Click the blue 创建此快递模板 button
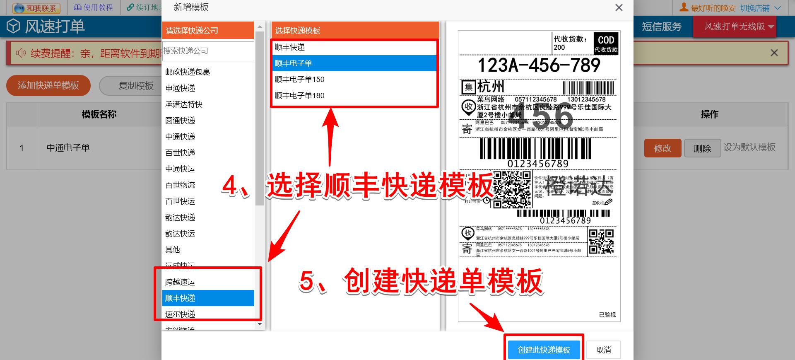[x=544, y=350]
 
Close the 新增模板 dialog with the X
[x=619, y=8]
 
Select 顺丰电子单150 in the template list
[x=300, y=80]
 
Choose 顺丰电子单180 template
[x=300, y=96]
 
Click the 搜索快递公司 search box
[x=208, y=51]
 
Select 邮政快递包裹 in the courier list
[x=188, y=72]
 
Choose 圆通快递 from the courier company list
[x=180, y=121]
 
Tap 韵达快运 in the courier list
[x=180, y=234]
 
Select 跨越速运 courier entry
[x=180, y=282]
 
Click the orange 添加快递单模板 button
[x=48, y=86]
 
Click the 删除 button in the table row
[x=702, y=148]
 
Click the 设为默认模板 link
[x=749, y=147]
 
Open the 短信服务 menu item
[x=662, y=27]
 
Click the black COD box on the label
[x=606, y=43]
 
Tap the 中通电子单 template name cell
[x=68, y=148]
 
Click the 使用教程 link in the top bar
[x=94, y=7]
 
